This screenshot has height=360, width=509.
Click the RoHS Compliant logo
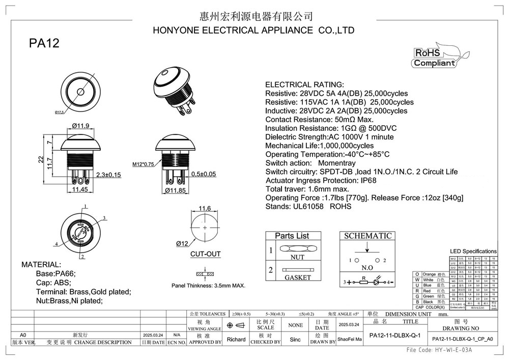(434, 58)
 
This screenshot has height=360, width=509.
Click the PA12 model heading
(44, 44)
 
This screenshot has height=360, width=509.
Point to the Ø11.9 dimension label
(81, 126)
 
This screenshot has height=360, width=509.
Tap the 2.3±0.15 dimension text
(108, 175)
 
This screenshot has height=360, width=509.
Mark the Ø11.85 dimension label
(177, 190)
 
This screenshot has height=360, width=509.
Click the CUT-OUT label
(205, 254)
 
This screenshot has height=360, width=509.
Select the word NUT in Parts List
(297, 258)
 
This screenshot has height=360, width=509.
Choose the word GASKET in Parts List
(298, 278)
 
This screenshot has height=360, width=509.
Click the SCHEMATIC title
(368, 236)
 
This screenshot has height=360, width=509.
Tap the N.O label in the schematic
(367, 268)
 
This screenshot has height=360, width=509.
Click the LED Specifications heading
(473, 252)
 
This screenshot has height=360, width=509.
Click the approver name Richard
(236, 339)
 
